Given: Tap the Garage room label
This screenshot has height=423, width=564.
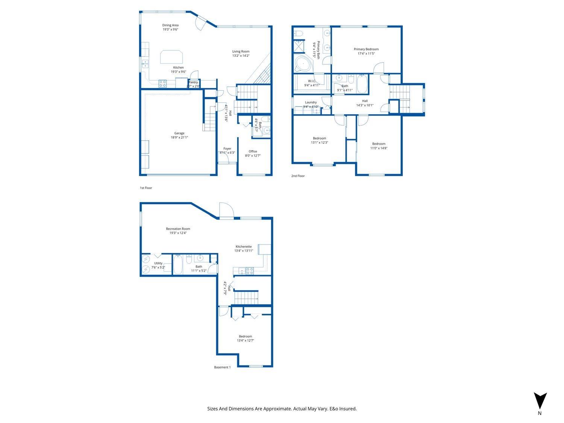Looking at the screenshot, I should pyautogui.click(x=179, y=133).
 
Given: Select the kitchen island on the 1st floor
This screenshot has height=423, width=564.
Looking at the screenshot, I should pyautogui.click(x=172, y=57).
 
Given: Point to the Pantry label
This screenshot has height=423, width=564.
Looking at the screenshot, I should pyautogui.click(x=193, y=82).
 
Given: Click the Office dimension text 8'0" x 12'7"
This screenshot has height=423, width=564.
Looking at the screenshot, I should pyautogui.click(x=253, y=156).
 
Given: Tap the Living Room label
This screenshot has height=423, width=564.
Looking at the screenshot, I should pyautogui.click(x=241, y=52).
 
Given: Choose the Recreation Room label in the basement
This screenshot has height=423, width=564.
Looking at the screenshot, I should pyautogui.click(x=178, y=229).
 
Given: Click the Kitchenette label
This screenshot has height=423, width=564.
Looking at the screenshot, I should pyautogui.click(x=244, y=247).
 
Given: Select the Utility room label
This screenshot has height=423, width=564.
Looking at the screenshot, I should pyautogui.click(x=158, y=263).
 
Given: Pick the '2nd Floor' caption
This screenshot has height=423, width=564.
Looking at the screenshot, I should pyautogui.click(x=298, y=176).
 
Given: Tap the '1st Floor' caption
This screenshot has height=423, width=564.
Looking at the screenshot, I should pyautogui.click(x=146, y=188).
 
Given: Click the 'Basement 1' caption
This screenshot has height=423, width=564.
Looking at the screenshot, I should pyautogui.click(x=222, y=367).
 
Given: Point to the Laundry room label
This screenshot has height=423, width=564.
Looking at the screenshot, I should pyautogui.click(x=311, y=102).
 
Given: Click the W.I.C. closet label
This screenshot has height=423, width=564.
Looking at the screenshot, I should pyautogui.click(x=311, y=81).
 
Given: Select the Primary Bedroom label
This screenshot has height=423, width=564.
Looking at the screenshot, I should pyautogui.click(x=366, y=49).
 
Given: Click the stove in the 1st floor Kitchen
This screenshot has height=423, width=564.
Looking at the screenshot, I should pyautogui.click(x=163, y=84).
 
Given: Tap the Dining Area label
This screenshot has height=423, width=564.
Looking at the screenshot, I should pyautogui.click(x=170, y=25).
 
